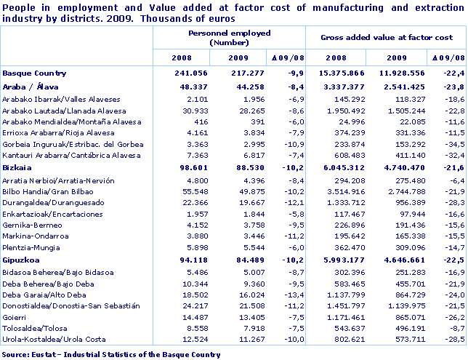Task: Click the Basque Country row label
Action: [34, 73]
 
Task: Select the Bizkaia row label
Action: [18, 167]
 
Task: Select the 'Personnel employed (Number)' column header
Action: [229, 38]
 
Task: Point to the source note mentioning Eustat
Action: [111, 354]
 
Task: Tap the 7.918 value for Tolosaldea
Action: [236, 329]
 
